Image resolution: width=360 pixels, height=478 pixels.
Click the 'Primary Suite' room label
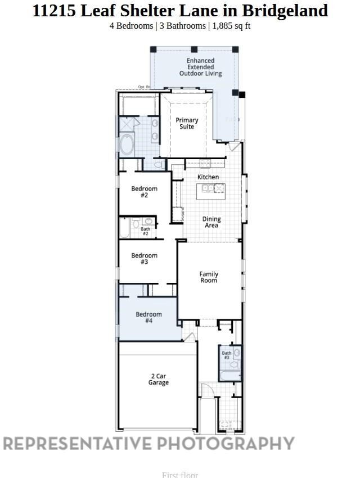(x=187, y=123)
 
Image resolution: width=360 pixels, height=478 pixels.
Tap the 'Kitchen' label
(x=208, y=177)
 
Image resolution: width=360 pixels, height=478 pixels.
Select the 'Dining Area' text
(x=211, y=222)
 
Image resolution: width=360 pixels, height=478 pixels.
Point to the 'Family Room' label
(x=209, y=277)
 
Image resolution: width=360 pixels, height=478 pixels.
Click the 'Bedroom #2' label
(x=144, y=192)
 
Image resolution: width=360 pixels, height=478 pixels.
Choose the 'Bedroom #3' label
(x=144, y=259)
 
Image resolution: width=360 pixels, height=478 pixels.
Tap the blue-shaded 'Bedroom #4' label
(x=148, y=317)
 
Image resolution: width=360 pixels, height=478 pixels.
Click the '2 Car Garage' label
(x=158, y=379)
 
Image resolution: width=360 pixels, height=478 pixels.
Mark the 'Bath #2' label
(x=145, y=231)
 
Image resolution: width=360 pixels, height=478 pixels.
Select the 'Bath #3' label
(x=226, y=355)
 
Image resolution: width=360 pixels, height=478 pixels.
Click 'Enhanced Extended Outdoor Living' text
(x=200, y=67)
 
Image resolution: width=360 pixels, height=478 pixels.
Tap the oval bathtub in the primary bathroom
(x=127, y=145)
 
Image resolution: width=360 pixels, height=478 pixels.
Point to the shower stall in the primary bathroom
(x=128, y=124)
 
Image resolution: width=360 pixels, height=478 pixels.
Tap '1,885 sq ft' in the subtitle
(x=231, y=26)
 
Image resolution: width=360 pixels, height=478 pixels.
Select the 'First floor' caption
(x=180, y=474)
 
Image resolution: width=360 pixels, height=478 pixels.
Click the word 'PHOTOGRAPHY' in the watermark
(x=225, y=443)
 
